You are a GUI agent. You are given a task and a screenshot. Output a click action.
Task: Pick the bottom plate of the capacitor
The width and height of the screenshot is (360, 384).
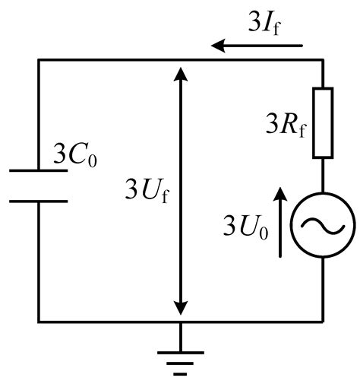coord(39,201)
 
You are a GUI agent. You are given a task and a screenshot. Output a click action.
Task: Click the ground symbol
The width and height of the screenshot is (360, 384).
coord(180,358)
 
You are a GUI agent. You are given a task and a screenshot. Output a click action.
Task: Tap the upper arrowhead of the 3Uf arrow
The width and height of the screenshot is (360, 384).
coord(180,73)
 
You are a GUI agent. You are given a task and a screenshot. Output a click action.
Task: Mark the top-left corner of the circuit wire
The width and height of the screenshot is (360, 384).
coord(39,60)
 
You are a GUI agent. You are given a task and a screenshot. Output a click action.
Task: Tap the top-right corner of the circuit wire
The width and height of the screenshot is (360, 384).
coord(323,60)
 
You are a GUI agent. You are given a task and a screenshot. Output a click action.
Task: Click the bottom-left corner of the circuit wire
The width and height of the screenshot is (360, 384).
coord(39,321)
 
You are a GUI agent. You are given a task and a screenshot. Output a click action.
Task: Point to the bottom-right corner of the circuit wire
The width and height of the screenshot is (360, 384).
coord(323,321)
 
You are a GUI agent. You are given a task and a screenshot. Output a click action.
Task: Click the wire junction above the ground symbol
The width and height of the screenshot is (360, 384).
coord(180,321)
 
